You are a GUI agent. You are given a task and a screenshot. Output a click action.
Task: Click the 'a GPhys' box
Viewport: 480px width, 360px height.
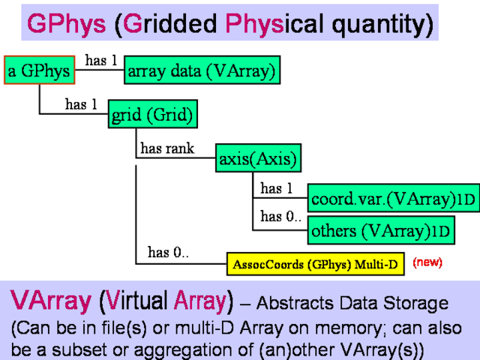38,71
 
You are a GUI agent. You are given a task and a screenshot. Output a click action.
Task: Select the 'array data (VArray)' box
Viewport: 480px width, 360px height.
202,71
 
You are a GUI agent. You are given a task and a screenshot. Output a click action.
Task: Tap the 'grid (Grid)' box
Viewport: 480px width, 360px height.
152,115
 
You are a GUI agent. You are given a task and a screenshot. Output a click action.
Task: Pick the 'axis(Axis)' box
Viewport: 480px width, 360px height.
258,158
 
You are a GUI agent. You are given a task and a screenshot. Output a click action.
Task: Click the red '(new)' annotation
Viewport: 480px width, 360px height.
427,263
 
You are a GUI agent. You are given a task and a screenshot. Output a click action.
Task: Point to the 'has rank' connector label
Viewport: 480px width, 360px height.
166,148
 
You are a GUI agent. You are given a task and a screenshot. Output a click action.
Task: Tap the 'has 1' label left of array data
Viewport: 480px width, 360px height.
101,61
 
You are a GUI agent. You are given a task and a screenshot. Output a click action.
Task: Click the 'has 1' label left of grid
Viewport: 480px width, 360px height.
81,105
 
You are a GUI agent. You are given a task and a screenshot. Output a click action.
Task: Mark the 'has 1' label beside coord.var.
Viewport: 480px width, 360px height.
276,188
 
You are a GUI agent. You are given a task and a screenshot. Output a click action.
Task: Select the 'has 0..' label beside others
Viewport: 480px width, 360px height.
280,217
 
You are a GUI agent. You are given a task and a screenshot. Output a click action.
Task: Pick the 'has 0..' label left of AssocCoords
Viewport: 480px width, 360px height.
168,253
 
